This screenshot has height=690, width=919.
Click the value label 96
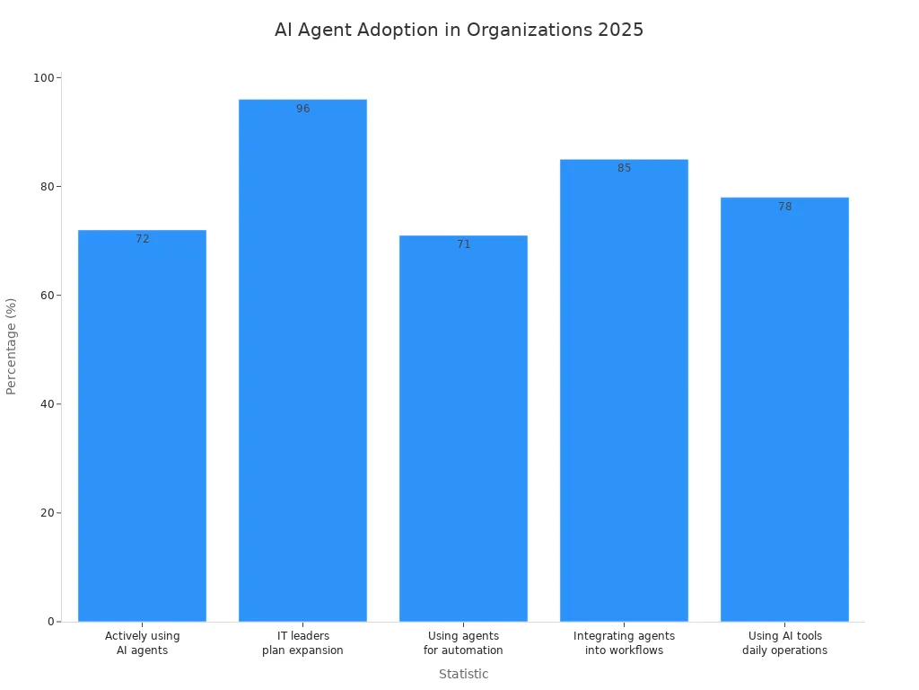pos(303,109)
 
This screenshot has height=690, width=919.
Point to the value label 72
pos(143,239)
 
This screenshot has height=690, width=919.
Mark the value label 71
pos(464,244)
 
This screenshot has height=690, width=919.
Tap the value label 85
pos(625,168)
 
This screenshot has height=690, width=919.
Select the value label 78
pos(785,207)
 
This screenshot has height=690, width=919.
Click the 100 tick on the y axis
pos(43,78)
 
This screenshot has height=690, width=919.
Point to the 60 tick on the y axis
pos(46,296)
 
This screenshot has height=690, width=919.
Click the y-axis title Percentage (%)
pos(12,346)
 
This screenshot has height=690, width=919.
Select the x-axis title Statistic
pos(463,674)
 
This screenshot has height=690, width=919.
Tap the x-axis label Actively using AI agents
pos(142,643)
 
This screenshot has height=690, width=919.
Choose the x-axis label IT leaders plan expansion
pos(302,643)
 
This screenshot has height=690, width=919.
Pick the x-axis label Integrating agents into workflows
pos(624,643)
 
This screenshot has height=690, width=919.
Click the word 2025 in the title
pos(620,30)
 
